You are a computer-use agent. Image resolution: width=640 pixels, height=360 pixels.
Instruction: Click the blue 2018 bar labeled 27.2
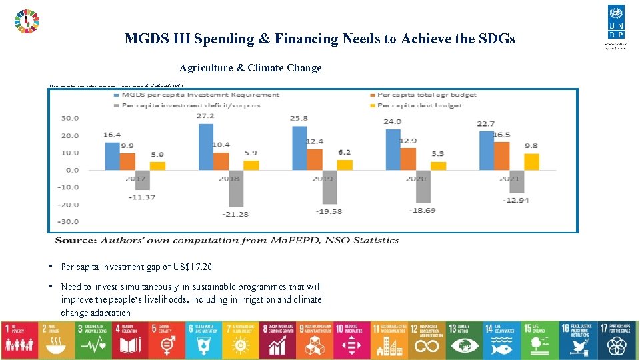pos(206,147)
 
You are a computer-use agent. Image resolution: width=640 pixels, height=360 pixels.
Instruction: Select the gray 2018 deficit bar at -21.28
pos(237,188)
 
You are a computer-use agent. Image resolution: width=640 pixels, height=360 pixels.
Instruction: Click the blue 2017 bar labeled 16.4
pos(112,156)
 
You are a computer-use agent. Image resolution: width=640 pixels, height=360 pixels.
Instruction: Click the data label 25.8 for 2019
pos(300,118)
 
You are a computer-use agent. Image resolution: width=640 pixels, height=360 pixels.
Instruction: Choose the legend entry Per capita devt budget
pos(419,105)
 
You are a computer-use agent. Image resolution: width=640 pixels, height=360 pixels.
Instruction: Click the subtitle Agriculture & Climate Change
pos(250,68)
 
